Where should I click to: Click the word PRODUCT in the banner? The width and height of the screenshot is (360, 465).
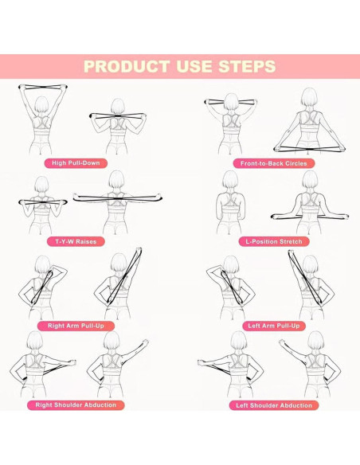(x=127, y=66)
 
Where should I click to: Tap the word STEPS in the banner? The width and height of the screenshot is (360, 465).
(x=247, y=66)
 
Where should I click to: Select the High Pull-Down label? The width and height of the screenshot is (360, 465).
(x=76, y=163)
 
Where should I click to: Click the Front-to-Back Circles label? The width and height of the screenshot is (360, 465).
(x=274, y=163)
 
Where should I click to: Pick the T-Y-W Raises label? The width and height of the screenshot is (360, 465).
(x=76, y=241)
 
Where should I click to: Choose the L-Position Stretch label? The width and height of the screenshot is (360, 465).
(x=274, y=242)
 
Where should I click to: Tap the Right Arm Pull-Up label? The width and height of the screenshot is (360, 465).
(x=76, y=326)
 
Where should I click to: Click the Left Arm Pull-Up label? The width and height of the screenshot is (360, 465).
(x=274, y=326)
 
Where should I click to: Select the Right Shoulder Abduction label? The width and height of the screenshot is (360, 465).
(x=76, y=405)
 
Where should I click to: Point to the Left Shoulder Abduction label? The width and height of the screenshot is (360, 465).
(x=274, y=405)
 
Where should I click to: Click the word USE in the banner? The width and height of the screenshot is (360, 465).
(x=194, y=66)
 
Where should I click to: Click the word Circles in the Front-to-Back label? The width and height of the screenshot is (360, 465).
(x=295, y=163)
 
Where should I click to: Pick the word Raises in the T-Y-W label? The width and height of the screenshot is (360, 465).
(x=86, y=241)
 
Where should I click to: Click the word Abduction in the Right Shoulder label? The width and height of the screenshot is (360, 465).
(x=100, y=405)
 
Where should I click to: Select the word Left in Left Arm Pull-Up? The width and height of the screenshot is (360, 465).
(x=254, y=326)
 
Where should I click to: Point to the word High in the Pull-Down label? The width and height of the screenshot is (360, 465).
(x=59, y=162)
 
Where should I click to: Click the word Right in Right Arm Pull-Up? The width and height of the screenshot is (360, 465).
(x=56, y=326)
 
